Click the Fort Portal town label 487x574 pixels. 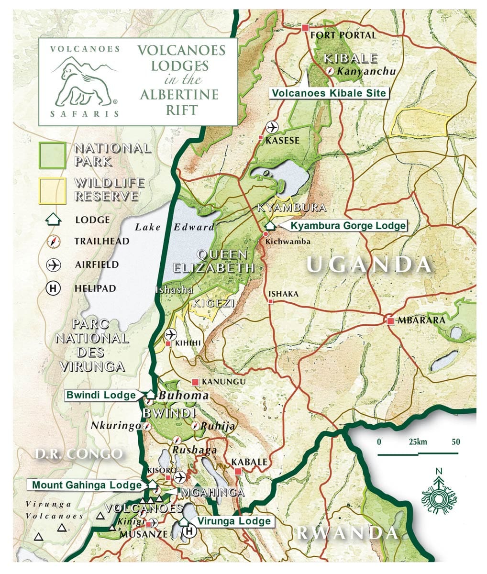pyautogui.click(x=343, y=35)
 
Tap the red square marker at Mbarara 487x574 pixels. pyautogui.click(x=391, y=321)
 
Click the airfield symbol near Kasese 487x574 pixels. pyautogui.click(x=272, y=127)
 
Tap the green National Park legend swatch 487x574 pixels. pyautogui.click(x=52, y=155)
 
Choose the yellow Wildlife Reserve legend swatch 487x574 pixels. pyautogui.click(x=52, y=190)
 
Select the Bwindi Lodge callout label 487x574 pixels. pyautogui.click(x=101, y=395)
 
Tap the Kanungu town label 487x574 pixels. pyautogui.click(x=224, y=382)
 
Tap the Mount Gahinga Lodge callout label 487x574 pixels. pyautogui.click(x=87, y=485)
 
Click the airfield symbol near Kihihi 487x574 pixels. pyautogui.click(x=170, y=334)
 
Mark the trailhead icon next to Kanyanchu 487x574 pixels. pyautogui.click(x=331, y=72)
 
